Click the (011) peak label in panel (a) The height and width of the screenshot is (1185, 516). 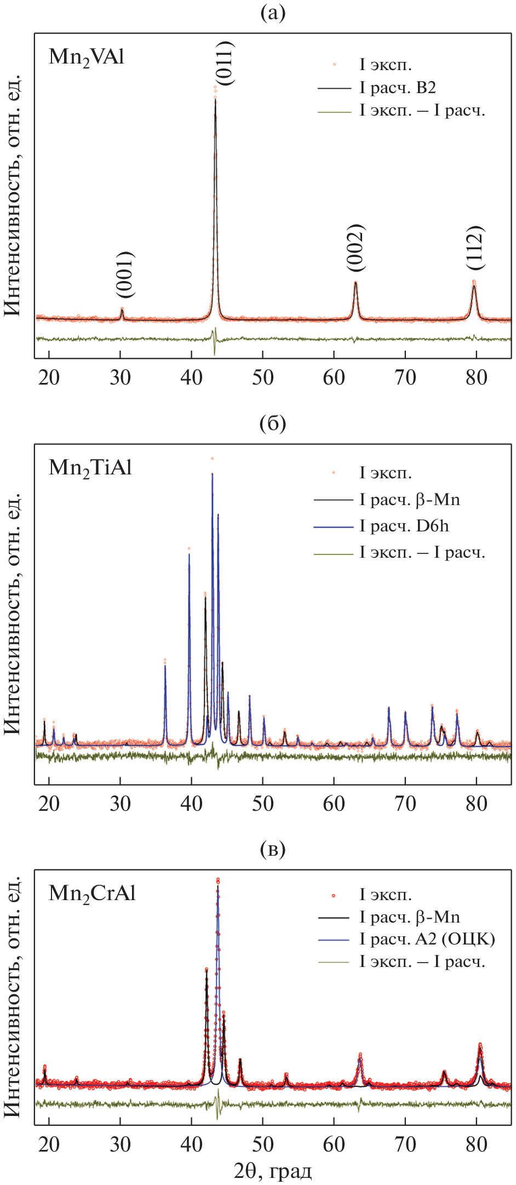(x=225, y=63)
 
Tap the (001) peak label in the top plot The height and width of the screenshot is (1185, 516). (x=125, y=274)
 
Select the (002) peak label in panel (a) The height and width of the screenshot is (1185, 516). (x=356, y=248)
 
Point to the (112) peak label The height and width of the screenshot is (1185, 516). (x=475, y=248)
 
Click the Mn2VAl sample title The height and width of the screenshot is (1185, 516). (x=87, y=57)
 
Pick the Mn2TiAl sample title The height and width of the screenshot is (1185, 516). (x=90, y=468)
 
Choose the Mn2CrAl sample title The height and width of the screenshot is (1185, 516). (x=92, y=894)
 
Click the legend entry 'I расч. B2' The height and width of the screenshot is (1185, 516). (x=398, y=88)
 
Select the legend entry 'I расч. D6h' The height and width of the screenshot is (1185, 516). (x=404, y=526)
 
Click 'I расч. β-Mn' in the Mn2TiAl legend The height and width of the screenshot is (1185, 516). (x=410, y=500)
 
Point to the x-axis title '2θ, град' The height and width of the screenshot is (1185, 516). (x=273, y=1171)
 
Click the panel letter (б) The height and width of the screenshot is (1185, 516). (x=273, y=423)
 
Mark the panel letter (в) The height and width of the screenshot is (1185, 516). (x=273, y=850)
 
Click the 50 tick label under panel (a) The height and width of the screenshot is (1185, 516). (x=263, y=377)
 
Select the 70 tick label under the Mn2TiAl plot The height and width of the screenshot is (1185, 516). (x=405, y=804)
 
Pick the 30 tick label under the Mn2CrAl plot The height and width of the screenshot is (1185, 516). (x=121, y=1144)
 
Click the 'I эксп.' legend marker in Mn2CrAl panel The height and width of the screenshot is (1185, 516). (x=334, y=896)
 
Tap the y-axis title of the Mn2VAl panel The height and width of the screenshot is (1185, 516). (x=13, y=195)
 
